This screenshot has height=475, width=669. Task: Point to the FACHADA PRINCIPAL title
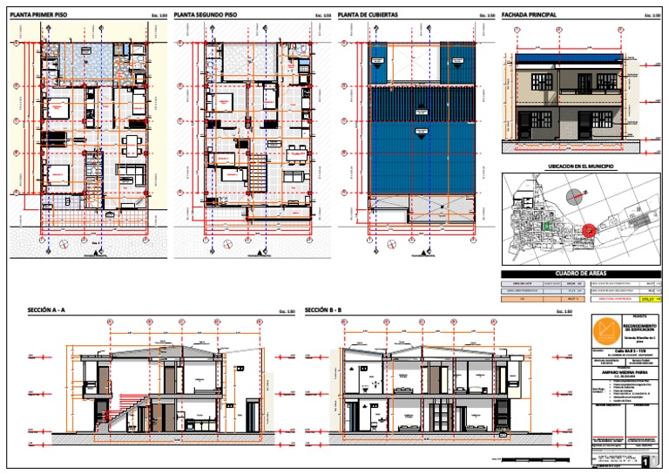535,15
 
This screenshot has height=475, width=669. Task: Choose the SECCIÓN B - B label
323,310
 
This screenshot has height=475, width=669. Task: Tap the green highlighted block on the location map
546,226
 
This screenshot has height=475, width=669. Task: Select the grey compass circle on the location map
571,197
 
